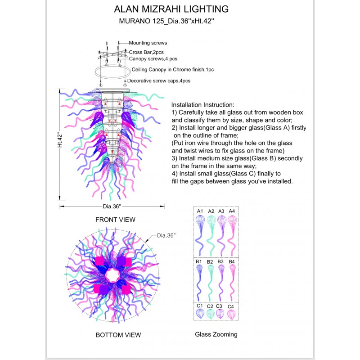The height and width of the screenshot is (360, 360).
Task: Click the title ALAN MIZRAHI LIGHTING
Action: [x=171, y=9]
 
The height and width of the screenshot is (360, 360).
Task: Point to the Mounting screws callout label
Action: [x=148, y=43]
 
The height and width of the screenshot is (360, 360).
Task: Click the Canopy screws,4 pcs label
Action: [x=153, y=59]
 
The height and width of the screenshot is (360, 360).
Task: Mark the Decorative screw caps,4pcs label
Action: [x=159, y=81]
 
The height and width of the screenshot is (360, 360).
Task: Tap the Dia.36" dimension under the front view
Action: [x=112, y=207]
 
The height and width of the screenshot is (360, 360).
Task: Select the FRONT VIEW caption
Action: [x=115, y=220]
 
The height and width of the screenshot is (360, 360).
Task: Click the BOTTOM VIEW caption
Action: [x=118, y=335]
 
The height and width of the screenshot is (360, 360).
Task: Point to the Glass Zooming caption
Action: [x=216, y=334]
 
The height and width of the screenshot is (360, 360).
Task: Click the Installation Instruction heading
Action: [x=203, y=104]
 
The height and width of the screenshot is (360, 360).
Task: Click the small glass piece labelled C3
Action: [x=220, y=314]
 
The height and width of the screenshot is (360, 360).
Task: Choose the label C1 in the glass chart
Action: [x=200, y=306]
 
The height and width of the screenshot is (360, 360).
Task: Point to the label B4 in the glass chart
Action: [x=232, y=261]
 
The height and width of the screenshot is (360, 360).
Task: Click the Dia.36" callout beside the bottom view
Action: [x=166, y=235]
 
